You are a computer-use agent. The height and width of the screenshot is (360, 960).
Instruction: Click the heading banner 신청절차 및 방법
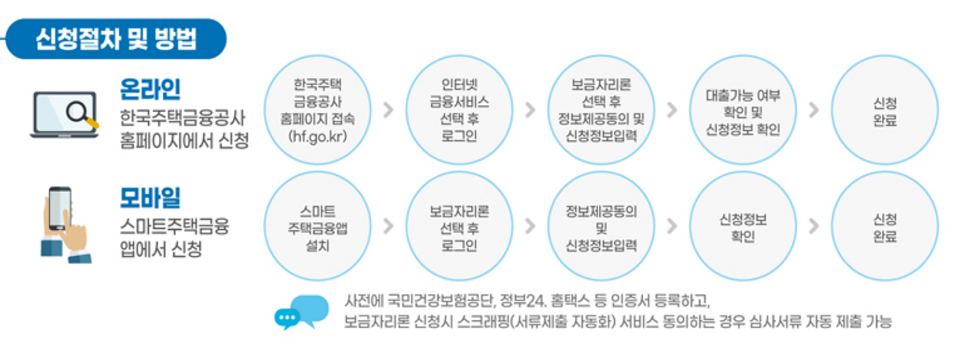coord(116,39)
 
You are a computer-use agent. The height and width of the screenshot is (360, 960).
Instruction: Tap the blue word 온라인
coord(150,89)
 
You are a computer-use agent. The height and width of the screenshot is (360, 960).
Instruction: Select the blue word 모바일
coord(150,197)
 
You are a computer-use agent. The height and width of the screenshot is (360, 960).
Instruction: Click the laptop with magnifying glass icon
coord(65,115)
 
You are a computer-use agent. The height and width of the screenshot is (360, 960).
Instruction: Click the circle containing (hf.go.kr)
coord(317,110)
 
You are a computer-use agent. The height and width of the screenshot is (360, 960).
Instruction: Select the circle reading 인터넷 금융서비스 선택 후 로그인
coord(459,110)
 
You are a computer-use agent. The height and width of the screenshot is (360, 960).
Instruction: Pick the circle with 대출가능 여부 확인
coord(743,110)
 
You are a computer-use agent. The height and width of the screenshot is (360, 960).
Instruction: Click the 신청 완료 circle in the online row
coord(884,110)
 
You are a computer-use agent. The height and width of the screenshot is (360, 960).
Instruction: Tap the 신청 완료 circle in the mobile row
coord(884,226)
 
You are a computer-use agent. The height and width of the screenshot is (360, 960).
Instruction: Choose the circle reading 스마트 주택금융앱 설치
coord(317,226)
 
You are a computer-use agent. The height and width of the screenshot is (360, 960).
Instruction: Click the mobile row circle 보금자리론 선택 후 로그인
coord(459,226)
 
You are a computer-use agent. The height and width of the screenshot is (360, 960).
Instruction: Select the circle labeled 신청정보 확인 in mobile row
coord(743,226)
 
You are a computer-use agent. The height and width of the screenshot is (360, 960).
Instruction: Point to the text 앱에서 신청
coord(161,249)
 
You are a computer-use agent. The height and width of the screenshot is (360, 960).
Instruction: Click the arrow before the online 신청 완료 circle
coord(814,110)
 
